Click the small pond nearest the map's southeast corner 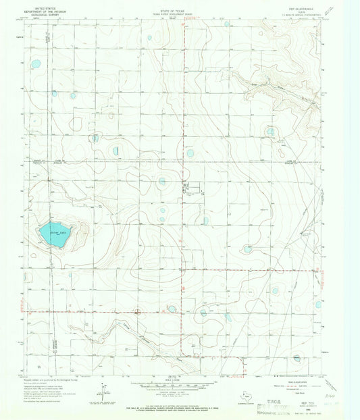pos(297,358)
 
